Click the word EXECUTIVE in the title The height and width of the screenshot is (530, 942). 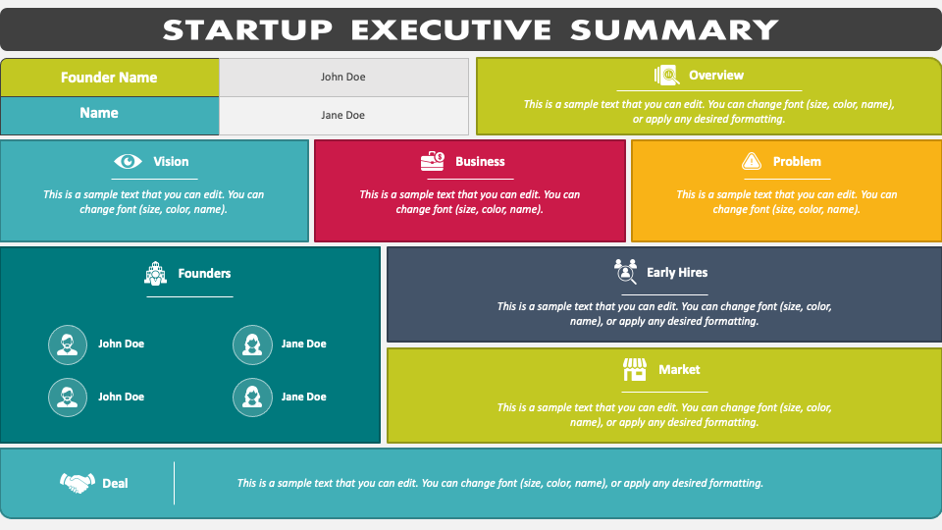coord(454,29)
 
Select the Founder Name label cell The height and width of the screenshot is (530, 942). coord(109,78)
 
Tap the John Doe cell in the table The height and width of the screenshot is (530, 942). coord(343,78)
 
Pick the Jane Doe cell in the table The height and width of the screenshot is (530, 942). coord(343,115)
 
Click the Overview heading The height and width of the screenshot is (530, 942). coord(716,76)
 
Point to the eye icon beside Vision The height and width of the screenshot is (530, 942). coord(128,162)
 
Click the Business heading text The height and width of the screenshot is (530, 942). coord(480,162)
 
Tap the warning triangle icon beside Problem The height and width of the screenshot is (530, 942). coord(752,162)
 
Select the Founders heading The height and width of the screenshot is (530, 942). coord(204,274)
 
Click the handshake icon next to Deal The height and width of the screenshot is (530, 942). coord(78,483)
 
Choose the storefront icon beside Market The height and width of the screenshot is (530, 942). coord(635,370)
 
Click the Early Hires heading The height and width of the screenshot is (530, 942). coord(677,273)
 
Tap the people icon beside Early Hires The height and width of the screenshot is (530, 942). coord(625,271)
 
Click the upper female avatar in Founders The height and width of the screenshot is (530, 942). coord(252,344)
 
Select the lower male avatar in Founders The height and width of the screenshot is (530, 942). coord(68,397)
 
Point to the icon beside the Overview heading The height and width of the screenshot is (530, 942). coord(666,76)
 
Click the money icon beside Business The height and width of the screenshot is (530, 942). coord(432,162)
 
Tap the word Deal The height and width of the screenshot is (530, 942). coord(115,483)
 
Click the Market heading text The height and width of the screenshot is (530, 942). coord(679,370)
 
